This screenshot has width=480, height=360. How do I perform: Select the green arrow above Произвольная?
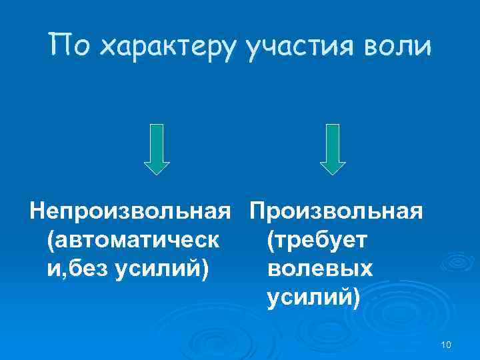click(333, 148)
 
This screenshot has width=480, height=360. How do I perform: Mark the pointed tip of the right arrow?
click(333, 173)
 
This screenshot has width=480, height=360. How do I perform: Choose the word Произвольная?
click(336, 211)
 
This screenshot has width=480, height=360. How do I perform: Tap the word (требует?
click(317, 240)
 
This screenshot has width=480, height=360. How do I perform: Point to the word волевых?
click(319, 269)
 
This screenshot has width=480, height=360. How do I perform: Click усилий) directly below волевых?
click(313, 298)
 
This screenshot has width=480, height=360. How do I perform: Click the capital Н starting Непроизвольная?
click(39, 211)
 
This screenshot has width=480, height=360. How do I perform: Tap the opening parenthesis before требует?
click(269, 240)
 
